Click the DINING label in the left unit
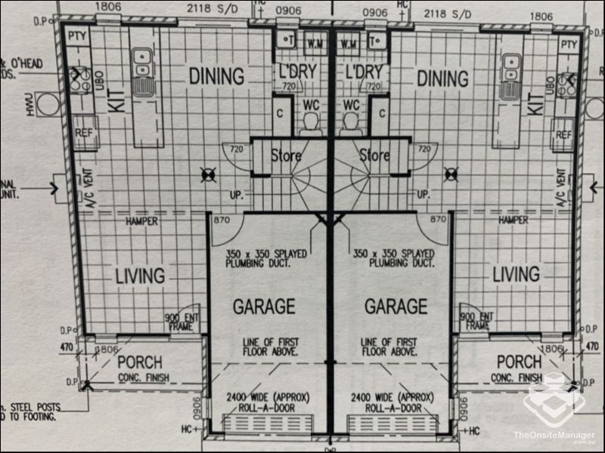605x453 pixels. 216,77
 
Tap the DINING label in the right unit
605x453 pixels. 443,79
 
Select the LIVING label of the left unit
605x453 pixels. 140,276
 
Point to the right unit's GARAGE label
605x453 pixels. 396,306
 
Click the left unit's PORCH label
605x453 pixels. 141,362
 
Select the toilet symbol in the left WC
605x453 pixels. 310,123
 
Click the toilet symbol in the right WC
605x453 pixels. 350,123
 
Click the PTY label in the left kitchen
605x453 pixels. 76,36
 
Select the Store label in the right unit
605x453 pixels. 374,156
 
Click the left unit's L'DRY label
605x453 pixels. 298,74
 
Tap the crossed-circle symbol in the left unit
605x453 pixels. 206,175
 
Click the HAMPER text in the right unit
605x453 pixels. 513,220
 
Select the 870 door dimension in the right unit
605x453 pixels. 437,219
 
